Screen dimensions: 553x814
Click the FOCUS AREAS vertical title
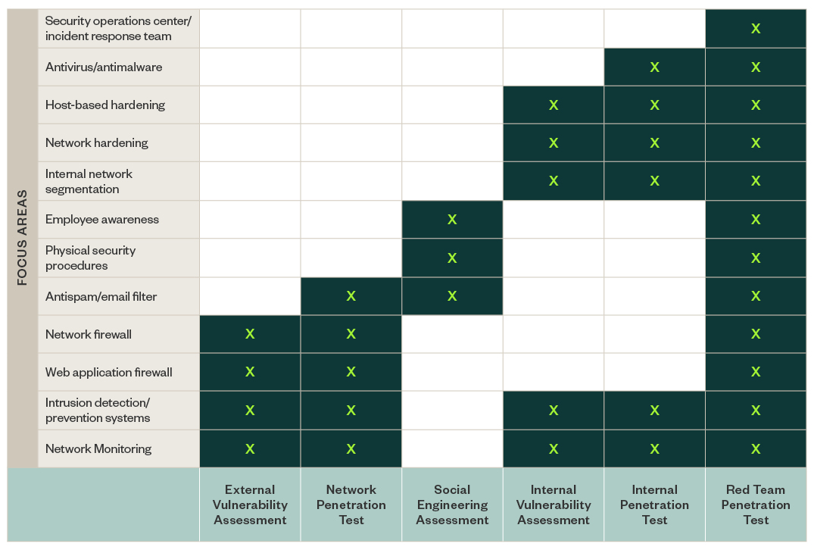click(x=22, y=237)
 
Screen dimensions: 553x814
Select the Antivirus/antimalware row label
click(x=104, y=67)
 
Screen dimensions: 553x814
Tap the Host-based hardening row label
click(x=105, y=105)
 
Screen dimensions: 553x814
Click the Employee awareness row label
click(x=102, y=219)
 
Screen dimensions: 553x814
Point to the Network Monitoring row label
click(x=98, y=448)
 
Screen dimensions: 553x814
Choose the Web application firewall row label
click(x=109, y=372)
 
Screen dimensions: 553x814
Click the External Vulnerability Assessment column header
click(x=250, y=505)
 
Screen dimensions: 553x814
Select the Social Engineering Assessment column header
click(x=452, y=505)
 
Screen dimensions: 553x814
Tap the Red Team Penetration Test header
click(x=756, y=505)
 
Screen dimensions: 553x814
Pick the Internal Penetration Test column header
click(x=654, y=505)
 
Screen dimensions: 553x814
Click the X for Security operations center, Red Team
click(x=756, y=29)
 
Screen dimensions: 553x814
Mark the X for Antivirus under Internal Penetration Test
click(x=654, y=67)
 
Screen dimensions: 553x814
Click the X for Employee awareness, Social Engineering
click(x=452, y=219)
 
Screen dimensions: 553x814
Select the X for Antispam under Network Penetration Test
click(x=351, y=296)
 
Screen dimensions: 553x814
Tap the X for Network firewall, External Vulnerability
click(x=250, y=334)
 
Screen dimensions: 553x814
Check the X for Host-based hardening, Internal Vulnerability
click(x=554, y=105)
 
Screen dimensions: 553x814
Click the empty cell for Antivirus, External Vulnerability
click(x=250, y=67)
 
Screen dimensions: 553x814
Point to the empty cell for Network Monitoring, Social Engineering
click(x=452, y=448)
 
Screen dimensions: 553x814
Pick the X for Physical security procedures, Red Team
click(x=756, y=258)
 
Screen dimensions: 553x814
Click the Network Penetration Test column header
click(x=351, y=505)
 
